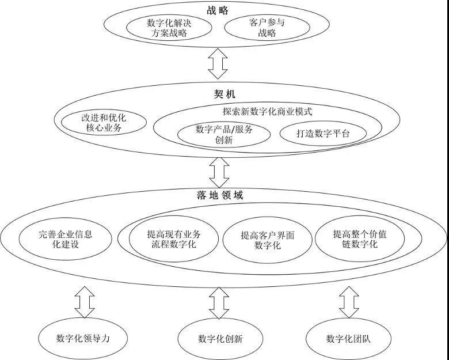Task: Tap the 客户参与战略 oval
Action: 267,28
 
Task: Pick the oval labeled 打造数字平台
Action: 323,134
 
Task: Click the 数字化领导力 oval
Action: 83,338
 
